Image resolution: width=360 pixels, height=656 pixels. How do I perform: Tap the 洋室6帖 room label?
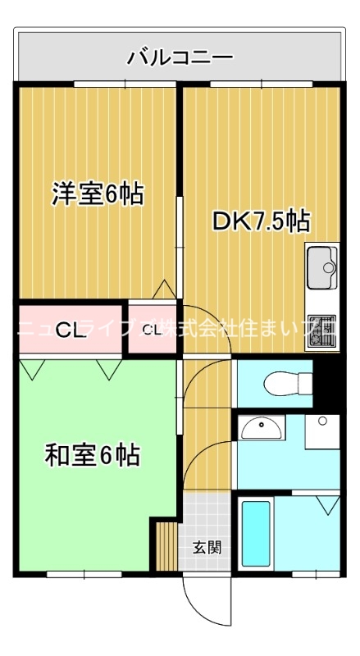pos(98,194)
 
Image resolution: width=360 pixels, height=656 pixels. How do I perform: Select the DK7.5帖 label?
pos(261,221)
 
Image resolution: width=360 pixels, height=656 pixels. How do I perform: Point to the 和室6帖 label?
pos(91,455)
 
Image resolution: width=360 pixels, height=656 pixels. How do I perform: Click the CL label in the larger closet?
pos(69,330)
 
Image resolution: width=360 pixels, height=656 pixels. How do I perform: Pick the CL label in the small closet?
pos(152,330)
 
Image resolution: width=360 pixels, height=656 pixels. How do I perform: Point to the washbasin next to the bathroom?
pos(262,426)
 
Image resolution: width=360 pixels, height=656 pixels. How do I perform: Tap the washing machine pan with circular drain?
pos(322,431)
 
